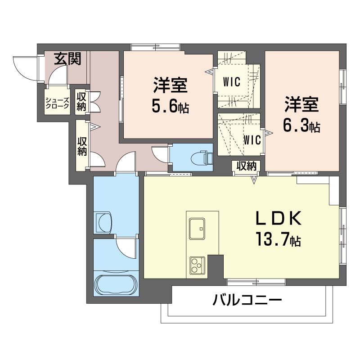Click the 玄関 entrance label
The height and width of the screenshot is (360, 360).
coord(68,58)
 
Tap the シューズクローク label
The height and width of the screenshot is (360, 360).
coord(57,103)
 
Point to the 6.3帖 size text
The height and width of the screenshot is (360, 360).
coord(301,126)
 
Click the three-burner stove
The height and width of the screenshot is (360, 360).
coord(197,265)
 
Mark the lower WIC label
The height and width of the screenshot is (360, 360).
coord(252,140)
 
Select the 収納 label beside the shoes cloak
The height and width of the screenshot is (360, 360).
coord(81,102)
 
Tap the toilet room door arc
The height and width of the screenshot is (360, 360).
coord(160,153)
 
